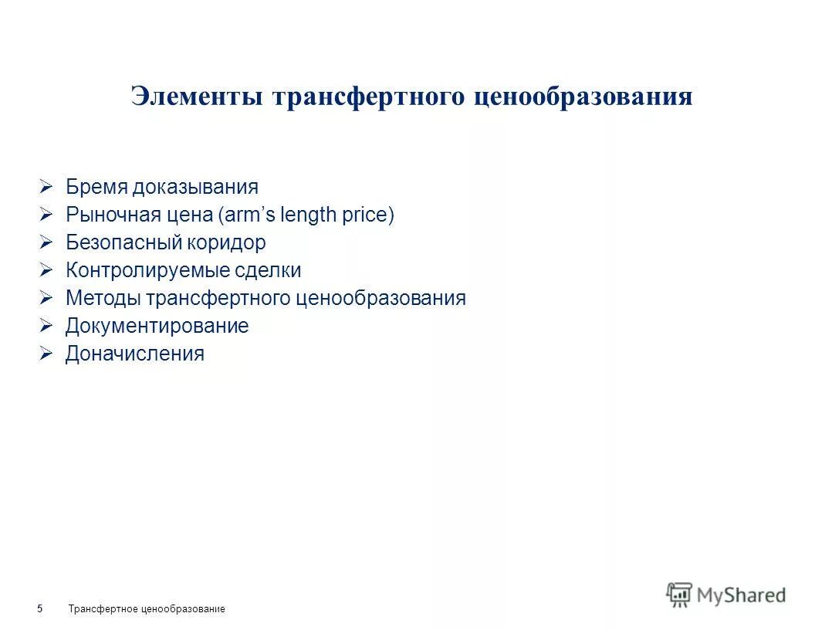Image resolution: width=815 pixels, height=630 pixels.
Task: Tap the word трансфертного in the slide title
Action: point(369,97)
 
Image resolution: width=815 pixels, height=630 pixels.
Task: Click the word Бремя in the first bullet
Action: point(96,187)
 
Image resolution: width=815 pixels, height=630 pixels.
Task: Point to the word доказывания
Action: point(194,188)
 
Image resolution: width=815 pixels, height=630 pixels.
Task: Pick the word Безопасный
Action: point(123,242)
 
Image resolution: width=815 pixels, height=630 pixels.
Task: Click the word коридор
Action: point(226,242)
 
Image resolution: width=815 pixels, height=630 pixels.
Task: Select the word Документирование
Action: point(157,326)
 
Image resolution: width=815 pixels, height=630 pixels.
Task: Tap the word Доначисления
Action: point(135,354)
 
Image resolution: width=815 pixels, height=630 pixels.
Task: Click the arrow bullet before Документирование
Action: point(46,326)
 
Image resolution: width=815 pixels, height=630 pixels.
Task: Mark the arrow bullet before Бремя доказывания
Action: point(46,187)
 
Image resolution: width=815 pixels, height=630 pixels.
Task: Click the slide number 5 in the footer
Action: point(39,609)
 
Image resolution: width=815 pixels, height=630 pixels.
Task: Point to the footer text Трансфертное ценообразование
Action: point(147,609)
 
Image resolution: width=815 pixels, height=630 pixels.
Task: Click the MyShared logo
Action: point(726,594)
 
